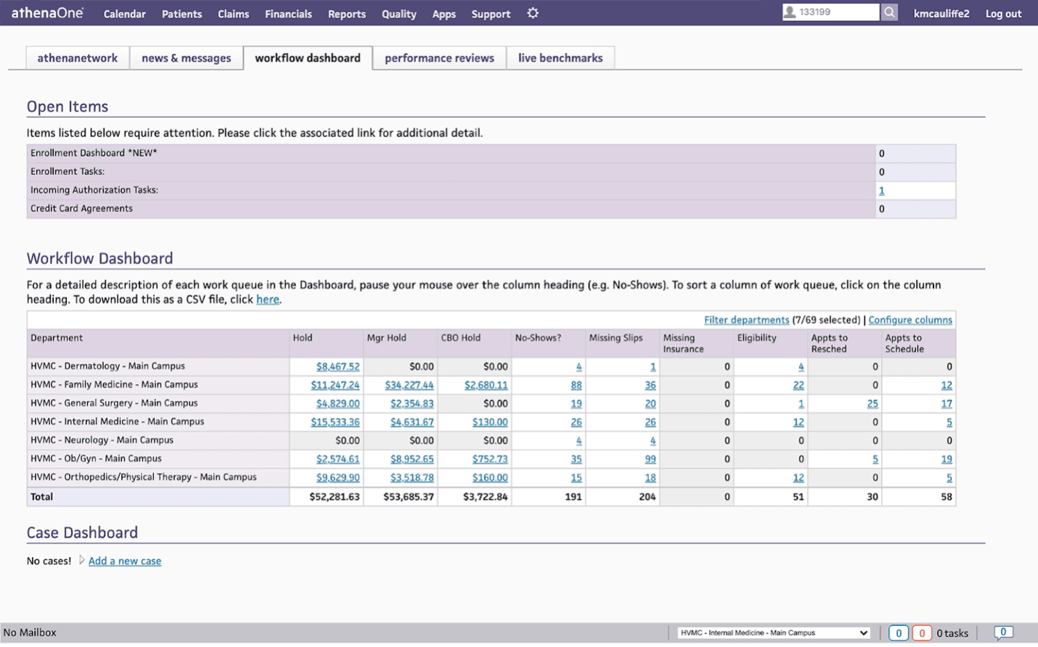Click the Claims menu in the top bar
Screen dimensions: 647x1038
(233, 14)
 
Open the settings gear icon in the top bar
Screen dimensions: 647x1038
(533, 13)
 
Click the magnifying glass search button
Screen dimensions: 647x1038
(889, 12)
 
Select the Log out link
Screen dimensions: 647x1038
(1003, 14)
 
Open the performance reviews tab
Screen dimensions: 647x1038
(439, 58)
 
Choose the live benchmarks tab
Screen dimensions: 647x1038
(560, 58)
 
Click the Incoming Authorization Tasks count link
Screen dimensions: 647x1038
(881, 191)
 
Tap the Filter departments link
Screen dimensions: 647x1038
(746, 320)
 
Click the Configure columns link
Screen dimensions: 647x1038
(910, 320)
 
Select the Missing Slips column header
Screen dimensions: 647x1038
(616, 338)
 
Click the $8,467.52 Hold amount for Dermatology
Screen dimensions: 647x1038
(338, 367)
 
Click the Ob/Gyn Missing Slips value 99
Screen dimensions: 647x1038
(650, 459)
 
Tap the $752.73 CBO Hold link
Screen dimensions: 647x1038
(490, 459)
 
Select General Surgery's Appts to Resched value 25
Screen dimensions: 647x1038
(872, 404)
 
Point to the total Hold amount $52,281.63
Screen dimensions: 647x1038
(334, 497)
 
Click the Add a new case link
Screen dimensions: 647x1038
(125, 561)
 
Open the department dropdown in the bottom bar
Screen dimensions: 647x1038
(774, 632)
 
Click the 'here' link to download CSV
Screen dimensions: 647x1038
(267, 300)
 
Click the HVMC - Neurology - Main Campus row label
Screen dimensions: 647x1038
(102, 440)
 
